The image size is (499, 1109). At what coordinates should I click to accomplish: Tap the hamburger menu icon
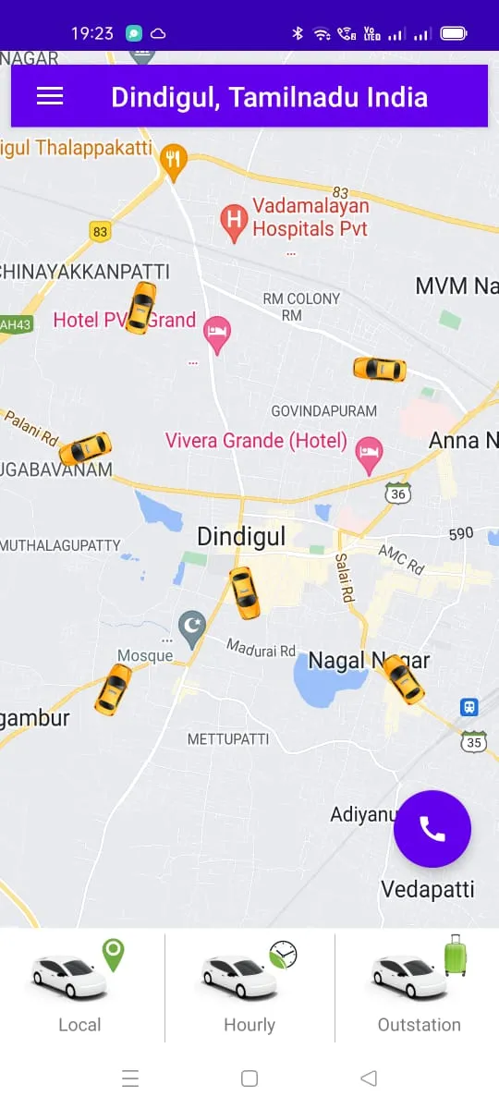[x=50, y=96]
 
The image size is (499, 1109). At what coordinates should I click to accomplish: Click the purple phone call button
[x=432, y=828]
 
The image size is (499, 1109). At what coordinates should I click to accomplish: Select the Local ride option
[x=80, y=985]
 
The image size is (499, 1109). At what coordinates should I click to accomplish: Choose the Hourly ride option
[x=249, y=985]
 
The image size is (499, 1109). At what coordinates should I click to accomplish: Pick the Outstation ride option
[x=419, y=985]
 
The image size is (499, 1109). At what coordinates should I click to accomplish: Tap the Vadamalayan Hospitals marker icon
[x=234, y=222]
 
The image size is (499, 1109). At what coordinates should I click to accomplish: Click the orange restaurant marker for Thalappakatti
[x=173, y=161]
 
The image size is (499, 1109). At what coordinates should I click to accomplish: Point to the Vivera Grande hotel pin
[x=370, y=453]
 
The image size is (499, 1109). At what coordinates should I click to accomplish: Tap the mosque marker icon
[x=191, y=628]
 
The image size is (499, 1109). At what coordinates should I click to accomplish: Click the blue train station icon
[x=469, y=707]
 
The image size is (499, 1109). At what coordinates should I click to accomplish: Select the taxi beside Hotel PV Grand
[x=140, y=308]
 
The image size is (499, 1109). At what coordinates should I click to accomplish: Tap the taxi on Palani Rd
[x=85, y=449]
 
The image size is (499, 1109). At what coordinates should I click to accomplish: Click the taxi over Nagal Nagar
[x=403, y=679]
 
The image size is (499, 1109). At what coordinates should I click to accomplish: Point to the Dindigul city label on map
[x=241, y=537]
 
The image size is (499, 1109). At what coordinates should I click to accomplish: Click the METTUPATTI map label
[x=228, y=739]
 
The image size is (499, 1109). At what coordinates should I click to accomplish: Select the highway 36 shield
[x=398, y=494]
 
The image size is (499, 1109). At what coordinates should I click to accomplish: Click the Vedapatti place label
[x=428, y=889]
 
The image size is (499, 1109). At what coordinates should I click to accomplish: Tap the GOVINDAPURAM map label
[x=323, y=410]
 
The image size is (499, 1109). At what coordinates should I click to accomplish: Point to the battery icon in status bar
[x=454, y=33]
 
